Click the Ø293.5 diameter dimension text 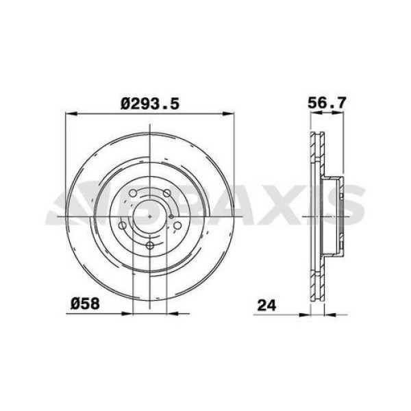(x=150, y=104)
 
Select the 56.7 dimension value (x=327, y=103)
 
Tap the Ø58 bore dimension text (x=85, y=304)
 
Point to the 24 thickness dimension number (x=267, y=306)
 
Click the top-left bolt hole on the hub (x=133, y=193)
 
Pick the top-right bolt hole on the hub (x=167, y=193)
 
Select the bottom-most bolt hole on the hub (x=149, y=245)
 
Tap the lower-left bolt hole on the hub (x=123, y=225)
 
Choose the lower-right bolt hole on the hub (x=177, y=225)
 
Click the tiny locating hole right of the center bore (x=171, y=216)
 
